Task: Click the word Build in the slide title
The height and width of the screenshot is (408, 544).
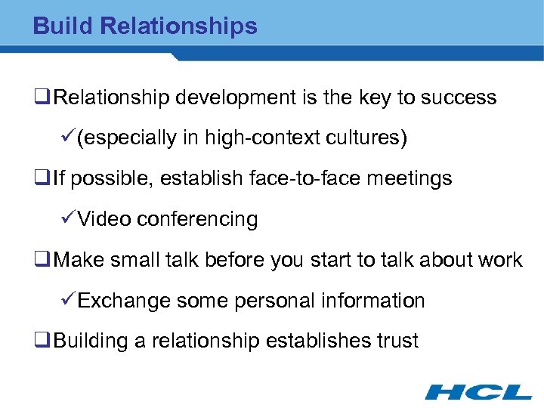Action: (x=63, y=26)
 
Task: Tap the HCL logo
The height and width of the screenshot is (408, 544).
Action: (x=478, y=391)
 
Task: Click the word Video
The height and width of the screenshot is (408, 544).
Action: (x=103, y=220)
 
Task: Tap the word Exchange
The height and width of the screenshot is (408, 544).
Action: (x=124, y=301)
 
